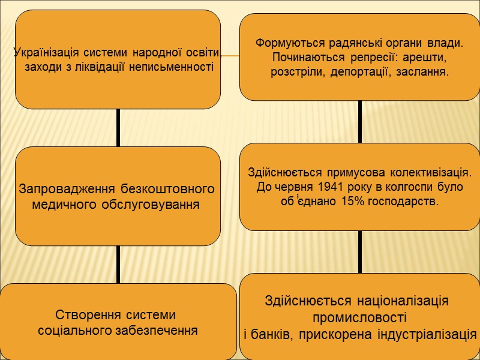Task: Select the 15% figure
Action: (x=352, y=202)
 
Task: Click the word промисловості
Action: (x=359, y=317)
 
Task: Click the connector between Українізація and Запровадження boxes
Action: (x=118, y=128)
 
